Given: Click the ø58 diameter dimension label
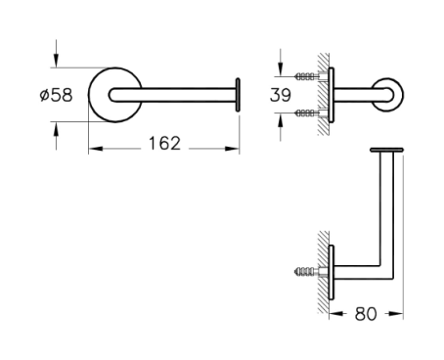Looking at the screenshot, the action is click(56, 95).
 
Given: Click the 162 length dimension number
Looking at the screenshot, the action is click(164, 144).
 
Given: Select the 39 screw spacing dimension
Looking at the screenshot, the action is click(281, 95).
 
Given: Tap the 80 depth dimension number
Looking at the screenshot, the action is click(366, 314).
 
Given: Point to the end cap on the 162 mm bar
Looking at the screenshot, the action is click(238, 95).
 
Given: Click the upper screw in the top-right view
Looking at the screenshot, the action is click(306, 76).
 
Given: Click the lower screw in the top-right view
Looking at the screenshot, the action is click(306, 113).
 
